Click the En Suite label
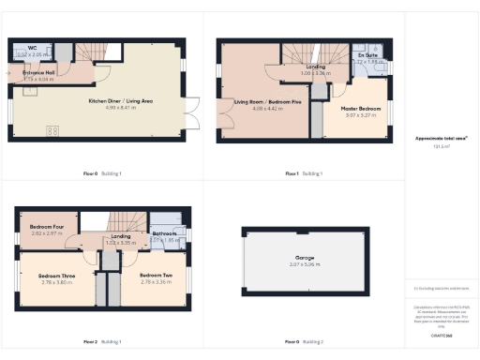point(367,55)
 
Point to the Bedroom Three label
point(56,276)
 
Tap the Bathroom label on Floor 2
point(165,233)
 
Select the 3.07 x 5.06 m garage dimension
point(305,265)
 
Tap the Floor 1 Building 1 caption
point(305,173)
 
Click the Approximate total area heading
point(442,138)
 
